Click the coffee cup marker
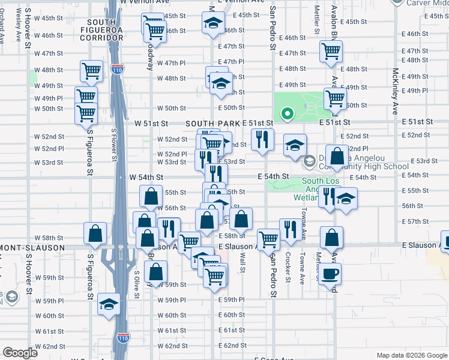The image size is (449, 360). click(x=330, y=275)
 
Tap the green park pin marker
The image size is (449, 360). click(x=288, y=113)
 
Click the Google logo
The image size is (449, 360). click(x=20, y=353)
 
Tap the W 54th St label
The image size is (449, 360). click(x=146, y=177)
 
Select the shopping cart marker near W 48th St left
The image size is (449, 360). click(x=91, y=71)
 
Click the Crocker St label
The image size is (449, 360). click(x=288, y=267)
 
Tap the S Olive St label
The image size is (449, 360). click(x=137, y=285)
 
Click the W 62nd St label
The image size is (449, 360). click(x=49, y=346)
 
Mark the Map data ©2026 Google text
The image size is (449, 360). click(x=411, y=355)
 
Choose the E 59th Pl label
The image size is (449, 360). click(x=231, y=299)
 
